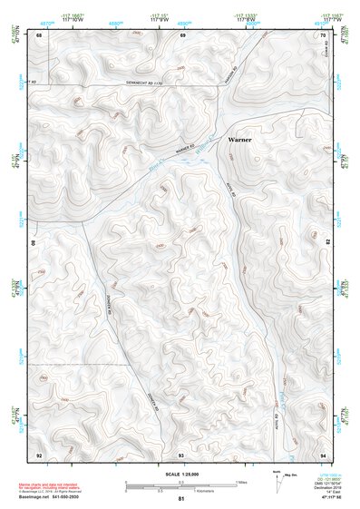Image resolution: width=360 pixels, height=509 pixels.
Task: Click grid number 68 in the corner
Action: (x=39, y=34)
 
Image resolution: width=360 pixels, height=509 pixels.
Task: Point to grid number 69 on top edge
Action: (x=182, y=34)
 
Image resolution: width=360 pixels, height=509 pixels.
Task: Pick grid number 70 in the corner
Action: (x=324, y=34)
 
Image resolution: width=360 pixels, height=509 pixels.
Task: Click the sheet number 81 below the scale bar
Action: (x=181, y=499)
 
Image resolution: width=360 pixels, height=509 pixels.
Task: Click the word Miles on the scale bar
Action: (x=239, y=482)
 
